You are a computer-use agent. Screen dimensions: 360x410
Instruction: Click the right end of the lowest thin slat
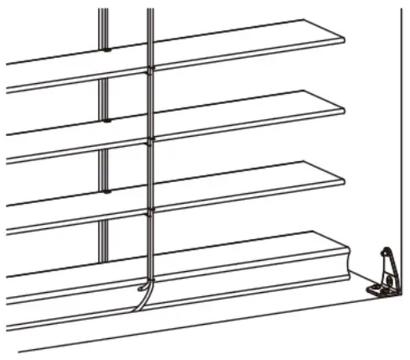coord(342,179)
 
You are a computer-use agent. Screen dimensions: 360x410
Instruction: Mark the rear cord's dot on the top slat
coord(106,50)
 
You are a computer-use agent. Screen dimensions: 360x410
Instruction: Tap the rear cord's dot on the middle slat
coord(106,121)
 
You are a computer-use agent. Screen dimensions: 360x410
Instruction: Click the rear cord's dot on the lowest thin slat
coord(106,191)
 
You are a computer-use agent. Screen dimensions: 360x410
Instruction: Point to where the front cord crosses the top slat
coord(150,69)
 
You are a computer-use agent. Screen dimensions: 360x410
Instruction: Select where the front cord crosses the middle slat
coord(150,139)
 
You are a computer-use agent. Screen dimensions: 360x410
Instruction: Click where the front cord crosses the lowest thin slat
coord(150,210)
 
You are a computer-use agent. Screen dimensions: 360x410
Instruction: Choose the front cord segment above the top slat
coord(150,29)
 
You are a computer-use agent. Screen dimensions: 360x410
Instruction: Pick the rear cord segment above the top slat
coord(103,25)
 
